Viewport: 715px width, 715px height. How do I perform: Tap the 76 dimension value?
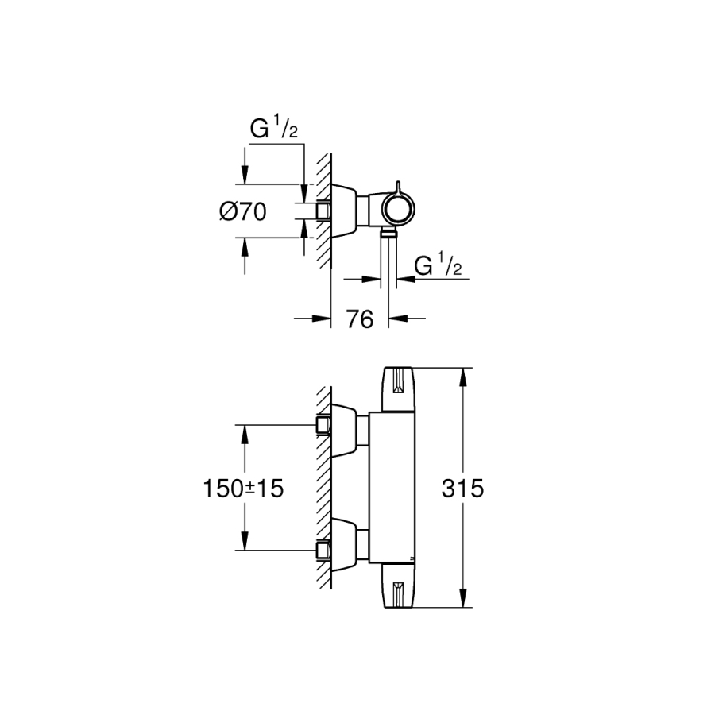360,319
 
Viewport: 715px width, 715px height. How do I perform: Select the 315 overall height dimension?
465,489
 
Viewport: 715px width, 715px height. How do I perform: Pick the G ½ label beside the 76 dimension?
439,265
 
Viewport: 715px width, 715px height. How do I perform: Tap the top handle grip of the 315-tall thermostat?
399,389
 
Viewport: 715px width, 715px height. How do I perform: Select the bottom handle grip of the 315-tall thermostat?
399,589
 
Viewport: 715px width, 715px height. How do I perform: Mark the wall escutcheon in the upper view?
344,210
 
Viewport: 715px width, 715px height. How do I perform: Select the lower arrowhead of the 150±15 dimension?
244,543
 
